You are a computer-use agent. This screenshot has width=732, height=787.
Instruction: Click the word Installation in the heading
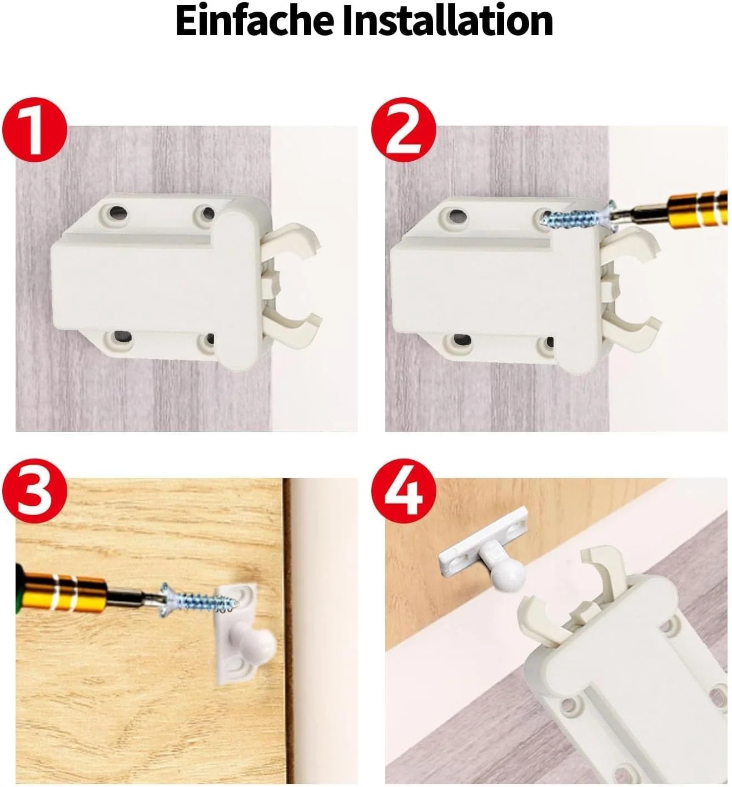[447, 21]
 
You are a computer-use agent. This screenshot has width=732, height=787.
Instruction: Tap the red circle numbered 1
[35, 129]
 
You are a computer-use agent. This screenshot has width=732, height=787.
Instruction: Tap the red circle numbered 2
[404, 129]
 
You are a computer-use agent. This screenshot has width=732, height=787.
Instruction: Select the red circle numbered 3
[35, 491]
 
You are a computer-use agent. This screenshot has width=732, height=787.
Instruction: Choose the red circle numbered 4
[404, 491]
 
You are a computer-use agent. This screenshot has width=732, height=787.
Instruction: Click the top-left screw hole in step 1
[115, 213]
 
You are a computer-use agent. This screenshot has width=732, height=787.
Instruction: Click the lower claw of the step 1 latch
[293, 323]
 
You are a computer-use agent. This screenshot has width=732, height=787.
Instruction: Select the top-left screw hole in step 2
[457, 216]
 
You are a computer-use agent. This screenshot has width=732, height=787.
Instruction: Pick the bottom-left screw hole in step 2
[461, 339]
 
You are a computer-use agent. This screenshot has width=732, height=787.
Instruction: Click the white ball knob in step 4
[509, 577]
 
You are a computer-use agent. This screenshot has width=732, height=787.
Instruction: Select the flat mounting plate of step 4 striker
[482, 540]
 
